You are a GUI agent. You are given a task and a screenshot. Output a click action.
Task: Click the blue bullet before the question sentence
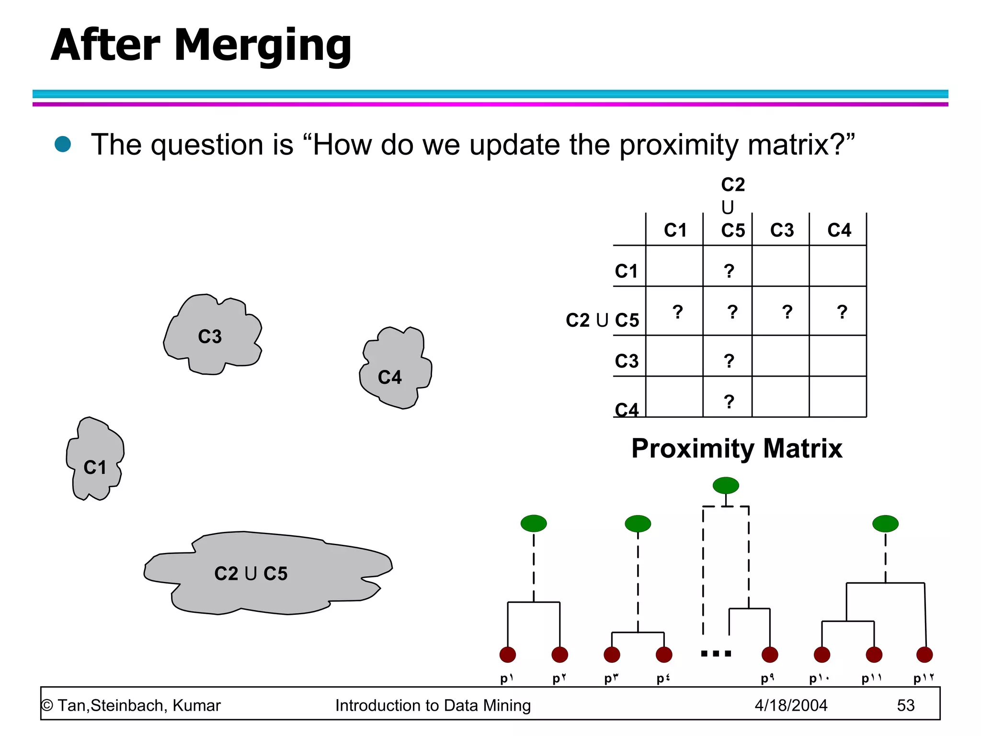(x=63, y=144)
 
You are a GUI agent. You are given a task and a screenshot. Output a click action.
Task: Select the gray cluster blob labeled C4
(x=395, y=369)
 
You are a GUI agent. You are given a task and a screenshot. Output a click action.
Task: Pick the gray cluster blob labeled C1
(x=95, y=460)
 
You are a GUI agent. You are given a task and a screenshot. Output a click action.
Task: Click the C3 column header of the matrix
(x=782, y=230)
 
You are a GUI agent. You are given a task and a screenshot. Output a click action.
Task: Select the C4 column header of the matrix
(x=839, y=230)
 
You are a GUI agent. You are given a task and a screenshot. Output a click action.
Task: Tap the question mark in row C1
(x=729, y=271)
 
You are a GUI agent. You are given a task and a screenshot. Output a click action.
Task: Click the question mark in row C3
(x=729, y=361)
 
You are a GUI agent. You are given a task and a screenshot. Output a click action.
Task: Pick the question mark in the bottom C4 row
(x=729, y=402)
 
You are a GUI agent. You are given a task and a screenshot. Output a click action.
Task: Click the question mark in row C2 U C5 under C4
(x=842, y=312)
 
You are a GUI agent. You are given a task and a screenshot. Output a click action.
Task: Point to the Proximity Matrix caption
(x=737, y=448)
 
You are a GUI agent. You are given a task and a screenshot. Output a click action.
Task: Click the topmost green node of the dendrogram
(x=726, y=485)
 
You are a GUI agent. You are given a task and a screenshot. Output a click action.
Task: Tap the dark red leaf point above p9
(x=770, y=655)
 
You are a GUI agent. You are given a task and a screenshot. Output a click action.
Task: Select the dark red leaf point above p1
(x=508, y=655)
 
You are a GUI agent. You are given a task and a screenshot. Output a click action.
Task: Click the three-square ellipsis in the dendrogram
(x=716, y=654)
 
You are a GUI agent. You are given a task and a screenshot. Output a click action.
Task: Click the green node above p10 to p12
(x=885, y=524)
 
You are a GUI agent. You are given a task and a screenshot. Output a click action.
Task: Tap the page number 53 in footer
(x=905, y=705)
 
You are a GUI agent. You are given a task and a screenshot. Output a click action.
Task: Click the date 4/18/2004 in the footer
(x=791, y=705)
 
